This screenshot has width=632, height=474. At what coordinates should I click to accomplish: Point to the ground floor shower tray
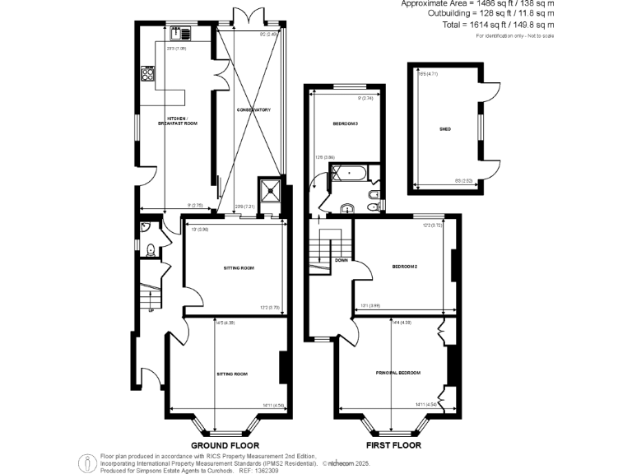268,189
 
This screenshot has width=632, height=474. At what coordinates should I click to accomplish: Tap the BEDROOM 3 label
345,124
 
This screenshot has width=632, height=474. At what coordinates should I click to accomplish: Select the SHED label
446,129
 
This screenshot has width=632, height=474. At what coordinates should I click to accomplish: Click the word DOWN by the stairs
341,261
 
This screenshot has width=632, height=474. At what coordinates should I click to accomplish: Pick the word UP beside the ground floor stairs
151,310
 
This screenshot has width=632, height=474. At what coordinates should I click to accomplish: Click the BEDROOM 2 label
404,267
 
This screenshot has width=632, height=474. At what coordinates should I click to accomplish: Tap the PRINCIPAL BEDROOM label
399,373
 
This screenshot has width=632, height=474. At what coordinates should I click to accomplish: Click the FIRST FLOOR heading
393,444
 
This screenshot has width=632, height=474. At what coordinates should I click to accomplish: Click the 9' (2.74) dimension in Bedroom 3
366,99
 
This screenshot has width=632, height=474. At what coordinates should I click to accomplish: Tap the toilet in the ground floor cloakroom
151,251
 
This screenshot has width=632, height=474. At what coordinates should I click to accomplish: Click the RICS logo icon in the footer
86,462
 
